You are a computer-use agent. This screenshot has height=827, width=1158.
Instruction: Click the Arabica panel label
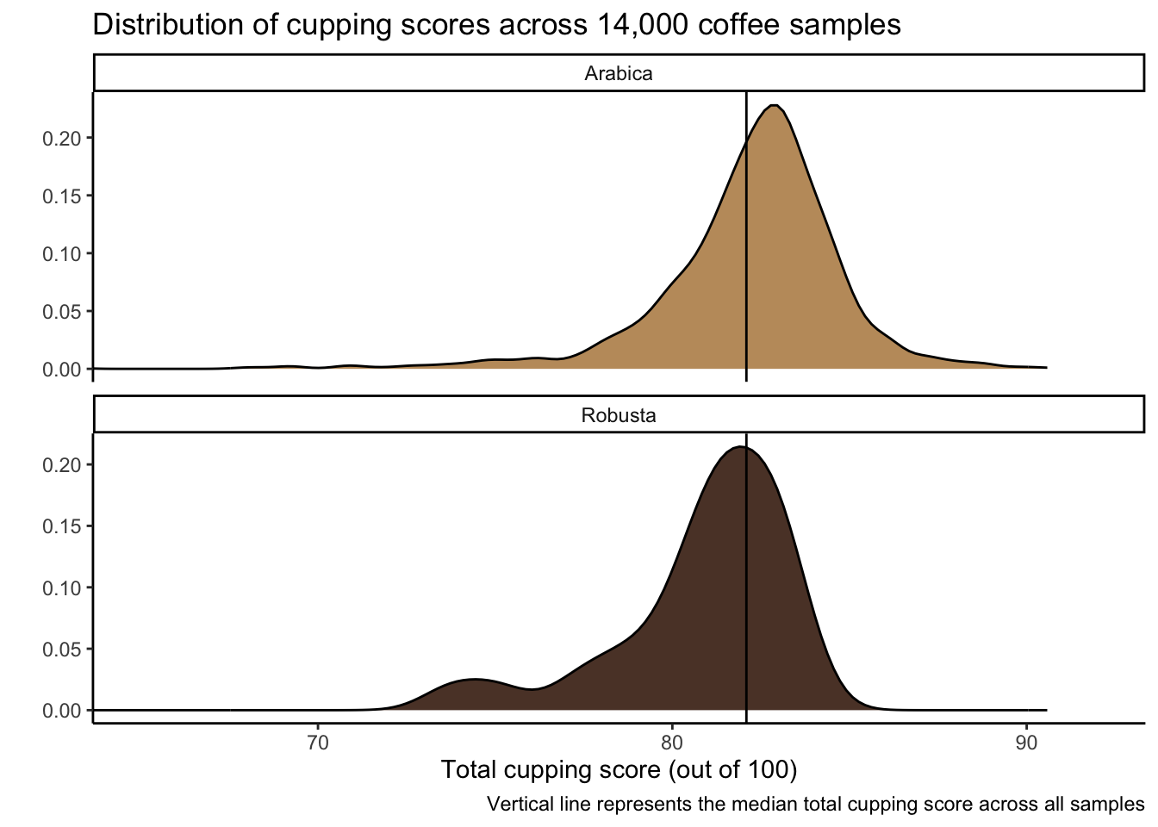(x=619, y=73)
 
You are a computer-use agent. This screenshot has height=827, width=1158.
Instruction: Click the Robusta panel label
(x=619, y=415)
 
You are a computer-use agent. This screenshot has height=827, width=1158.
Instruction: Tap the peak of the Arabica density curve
(x=775, y=106)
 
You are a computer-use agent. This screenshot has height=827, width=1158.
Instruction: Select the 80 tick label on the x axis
(x=672, y=742)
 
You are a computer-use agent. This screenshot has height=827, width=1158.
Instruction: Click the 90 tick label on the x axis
(x=1026, y=742)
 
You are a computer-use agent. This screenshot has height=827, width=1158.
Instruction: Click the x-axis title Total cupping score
(x=619, y=769)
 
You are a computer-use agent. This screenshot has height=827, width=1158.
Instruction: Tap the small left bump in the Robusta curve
(x=472, y=681)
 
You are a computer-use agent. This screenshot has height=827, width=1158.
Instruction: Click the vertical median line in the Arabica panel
(x=746, y=258)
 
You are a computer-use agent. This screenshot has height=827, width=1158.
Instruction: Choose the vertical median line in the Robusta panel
(x=746, y=586)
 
